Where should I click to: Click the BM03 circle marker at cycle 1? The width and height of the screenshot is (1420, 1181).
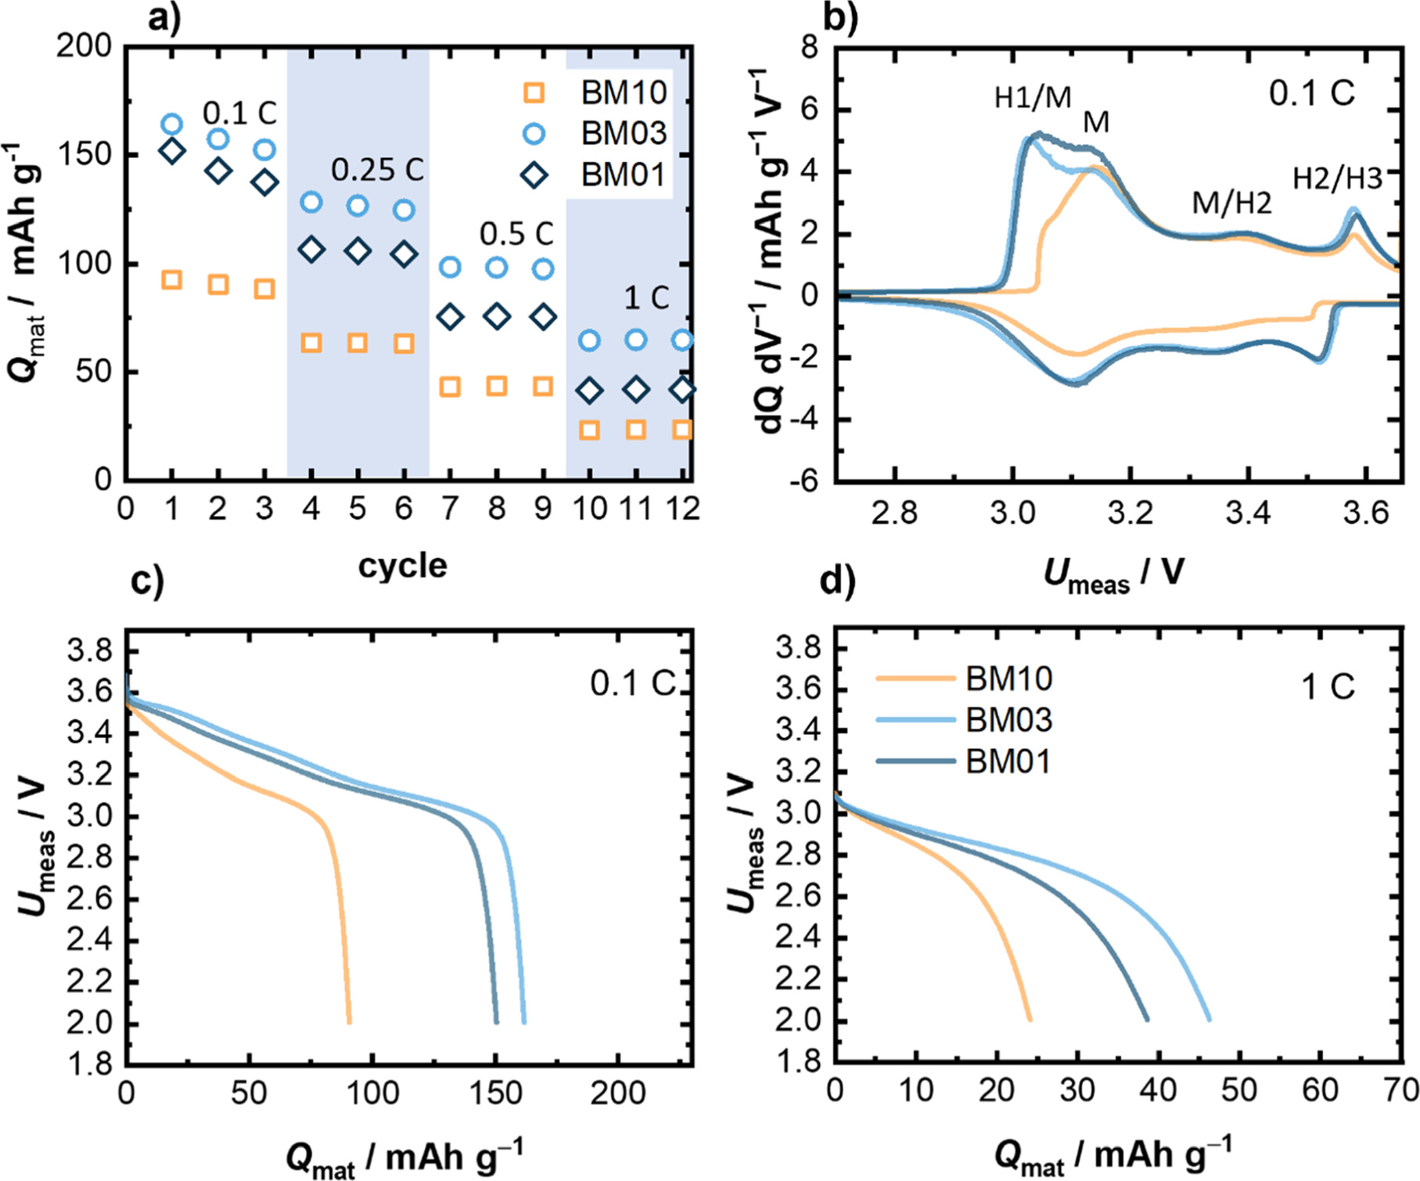(172, 124)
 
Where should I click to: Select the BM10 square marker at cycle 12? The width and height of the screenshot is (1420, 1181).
(682, 430)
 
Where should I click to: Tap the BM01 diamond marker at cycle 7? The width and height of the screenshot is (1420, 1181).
(450, 317)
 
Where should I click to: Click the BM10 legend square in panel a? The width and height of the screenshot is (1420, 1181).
(534, 93)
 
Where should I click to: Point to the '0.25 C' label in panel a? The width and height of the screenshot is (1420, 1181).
(377, 170)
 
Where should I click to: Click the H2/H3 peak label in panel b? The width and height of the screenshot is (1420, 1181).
(1337, 179)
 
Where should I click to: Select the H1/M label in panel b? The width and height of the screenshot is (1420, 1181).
(1033, 98)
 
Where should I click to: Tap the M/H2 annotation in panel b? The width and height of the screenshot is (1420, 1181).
(1231, 203)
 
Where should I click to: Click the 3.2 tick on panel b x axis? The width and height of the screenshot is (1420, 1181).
(1131, 513)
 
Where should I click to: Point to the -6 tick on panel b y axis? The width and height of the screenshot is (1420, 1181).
(803, 481)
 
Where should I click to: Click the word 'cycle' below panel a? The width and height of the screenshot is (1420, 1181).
(402, 565)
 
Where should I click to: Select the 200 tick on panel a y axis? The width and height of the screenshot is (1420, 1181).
(84, 47)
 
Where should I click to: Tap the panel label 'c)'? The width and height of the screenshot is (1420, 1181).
(147, 581)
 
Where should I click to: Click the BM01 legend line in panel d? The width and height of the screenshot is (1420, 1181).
(915, 761)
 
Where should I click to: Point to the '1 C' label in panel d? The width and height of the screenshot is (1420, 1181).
(1328, 687)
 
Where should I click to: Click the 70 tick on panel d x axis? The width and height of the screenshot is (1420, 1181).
(1400, 1090)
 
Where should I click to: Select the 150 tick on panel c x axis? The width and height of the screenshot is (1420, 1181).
(495, 1093)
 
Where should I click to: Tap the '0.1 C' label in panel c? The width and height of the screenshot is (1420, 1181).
(632, 684)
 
